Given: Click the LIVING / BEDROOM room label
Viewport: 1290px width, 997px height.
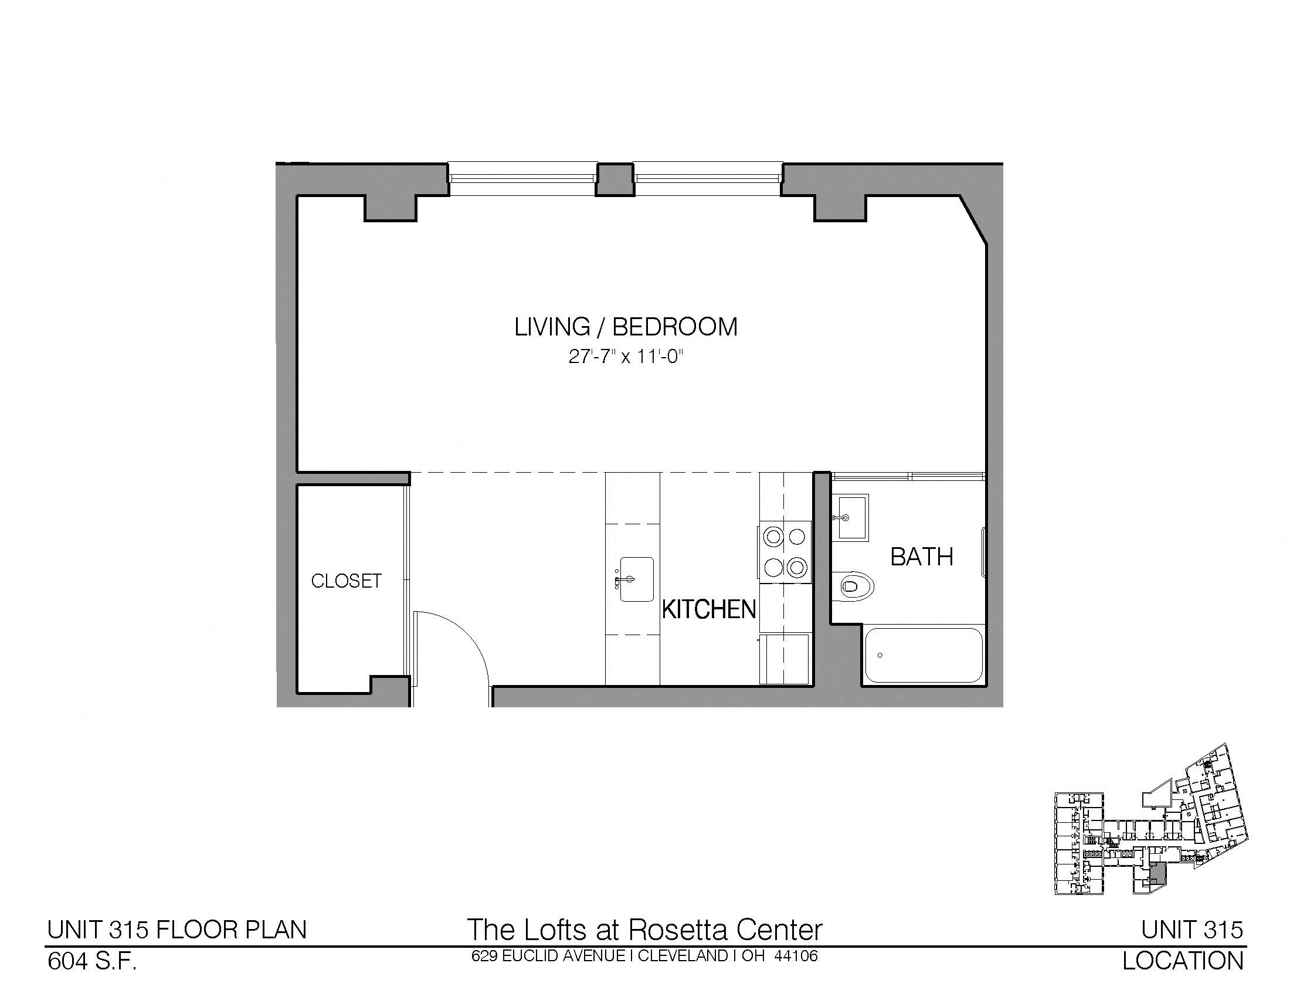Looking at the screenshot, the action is (x=626, y=327).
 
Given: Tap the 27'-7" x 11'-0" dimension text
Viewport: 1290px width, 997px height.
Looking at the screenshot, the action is (x=626, y=357).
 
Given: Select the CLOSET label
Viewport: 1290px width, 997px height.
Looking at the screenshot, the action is (x=347, y=581).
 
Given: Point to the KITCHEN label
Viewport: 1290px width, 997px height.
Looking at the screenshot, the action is (x=709, y=609).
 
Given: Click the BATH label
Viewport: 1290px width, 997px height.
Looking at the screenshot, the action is (x=921, y=557).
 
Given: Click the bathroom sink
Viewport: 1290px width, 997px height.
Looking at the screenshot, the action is (x=851, y=517).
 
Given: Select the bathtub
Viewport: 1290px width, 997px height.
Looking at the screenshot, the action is (x=922, y=656).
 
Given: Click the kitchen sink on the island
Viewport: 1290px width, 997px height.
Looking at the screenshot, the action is (x=636, y=579).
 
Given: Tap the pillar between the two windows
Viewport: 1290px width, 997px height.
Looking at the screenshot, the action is (x=615, y=179).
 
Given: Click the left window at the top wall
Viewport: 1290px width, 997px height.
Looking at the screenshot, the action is (x=521, y=179).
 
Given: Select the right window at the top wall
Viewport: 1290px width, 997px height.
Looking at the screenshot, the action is (x=708, y=179).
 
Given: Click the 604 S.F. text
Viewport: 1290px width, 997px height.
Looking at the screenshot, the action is (x=92, y=962).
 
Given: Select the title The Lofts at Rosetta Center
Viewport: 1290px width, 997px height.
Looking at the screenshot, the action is (x=644, y=930).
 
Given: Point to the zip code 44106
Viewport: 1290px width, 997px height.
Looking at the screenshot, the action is (x=796, y=957).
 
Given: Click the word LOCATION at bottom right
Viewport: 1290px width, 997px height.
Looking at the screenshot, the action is (x=1183, y=962).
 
